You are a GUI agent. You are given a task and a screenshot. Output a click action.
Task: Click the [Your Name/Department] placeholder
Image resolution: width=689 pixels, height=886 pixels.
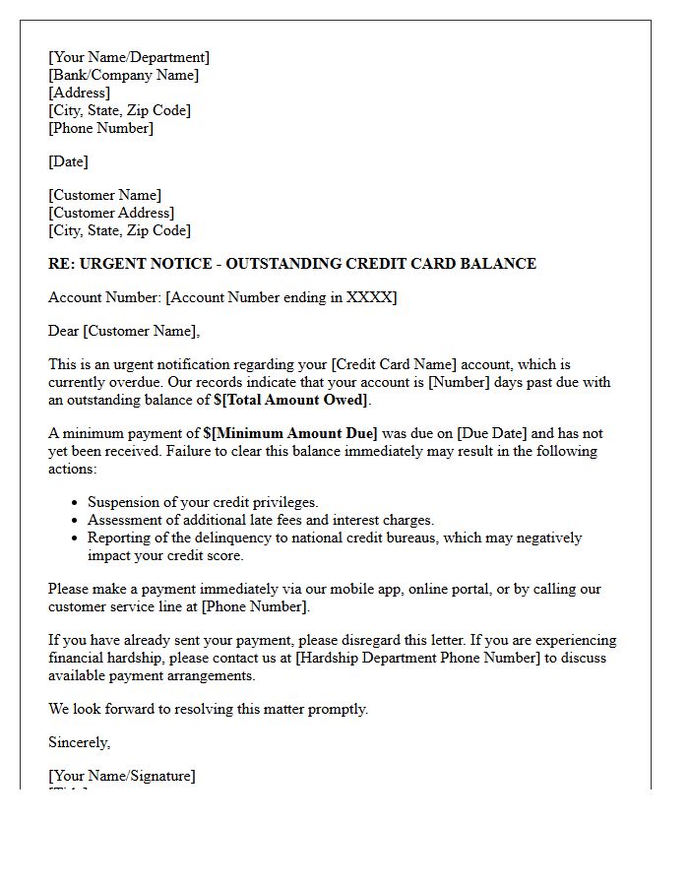128,57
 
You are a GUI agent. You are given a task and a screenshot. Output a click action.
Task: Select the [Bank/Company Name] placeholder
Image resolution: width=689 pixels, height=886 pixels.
123,75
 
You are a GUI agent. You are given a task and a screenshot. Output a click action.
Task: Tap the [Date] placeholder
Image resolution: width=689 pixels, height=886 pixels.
68,161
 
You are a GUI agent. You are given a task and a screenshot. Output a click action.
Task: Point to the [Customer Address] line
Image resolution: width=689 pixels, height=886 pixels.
111,213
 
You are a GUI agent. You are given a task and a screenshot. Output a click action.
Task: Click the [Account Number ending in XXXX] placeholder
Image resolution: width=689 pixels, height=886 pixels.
281,297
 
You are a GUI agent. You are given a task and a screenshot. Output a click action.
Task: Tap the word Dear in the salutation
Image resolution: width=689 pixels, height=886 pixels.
64,331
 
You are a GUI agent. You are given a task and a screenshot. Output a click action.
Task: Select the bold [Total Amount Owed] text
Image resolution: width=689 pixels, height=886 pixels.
294,400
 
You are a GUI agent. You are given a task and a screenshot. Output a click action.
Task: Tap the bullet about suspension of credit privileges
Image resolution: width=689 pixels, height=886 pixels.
203,502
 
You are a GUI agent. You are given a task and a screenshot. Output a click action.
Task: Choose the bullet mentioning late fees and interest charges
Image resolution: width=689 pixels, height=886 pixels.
260,520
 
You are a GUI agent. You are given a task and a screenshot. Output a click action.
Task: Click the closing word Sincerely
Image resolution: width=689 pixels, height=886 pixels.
79,742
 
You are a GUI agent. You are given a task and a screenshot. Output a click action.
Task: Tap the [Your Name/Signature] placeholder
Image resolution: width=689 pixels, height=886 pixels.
121,776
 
